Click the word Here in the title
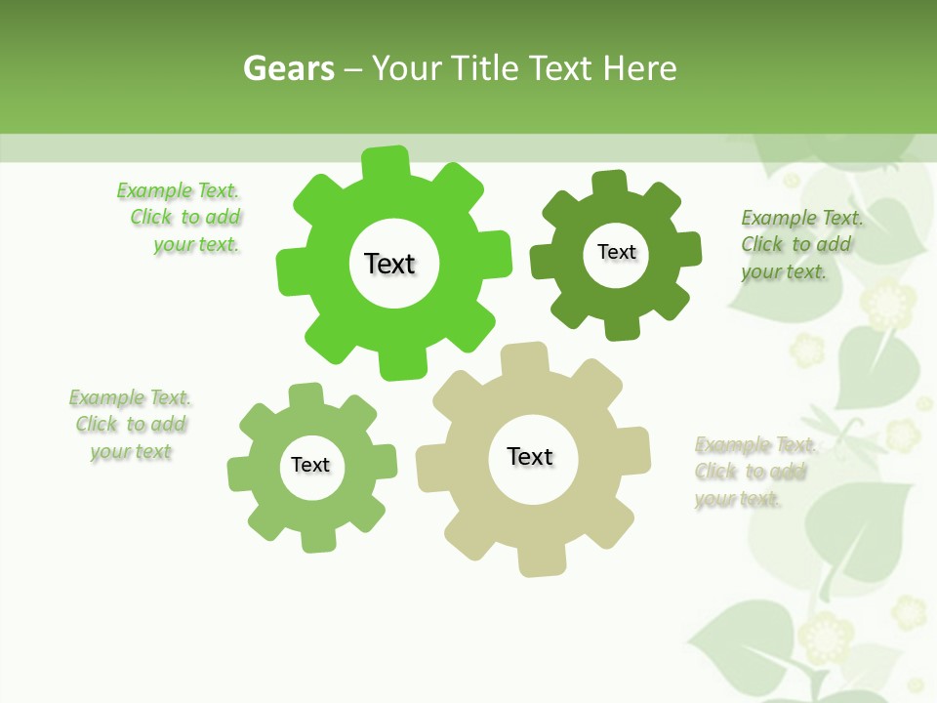pos(639,68)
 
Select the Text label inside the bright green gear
pos(389,264)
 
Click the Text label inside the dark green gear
pos(616,252)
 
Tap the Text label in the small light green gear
pos(310,465)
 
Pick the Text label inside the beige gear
pos(530,456)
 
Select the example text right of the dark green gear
pos(800,244)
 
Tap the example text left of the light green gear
pos(130,425)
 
